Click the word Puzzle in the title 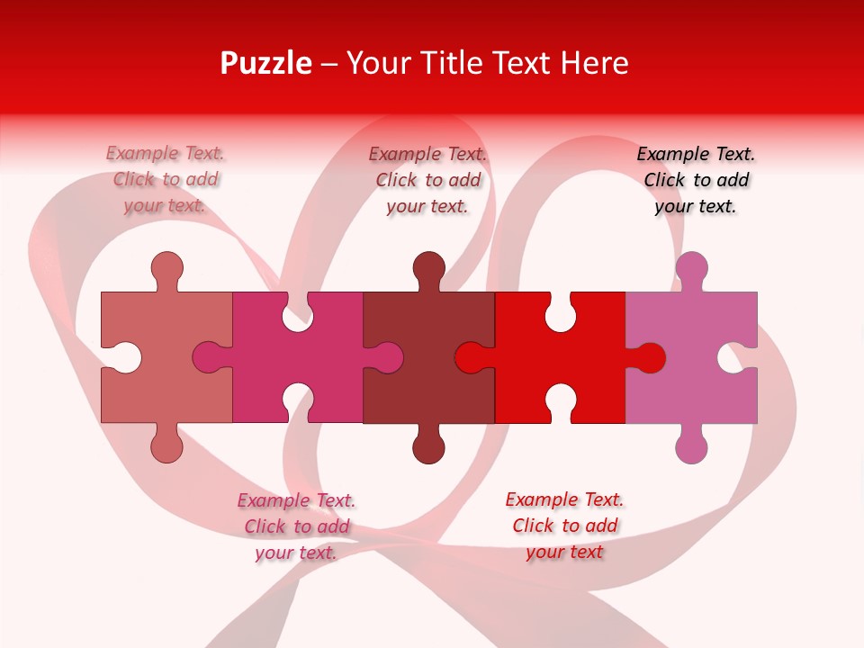point(265,63)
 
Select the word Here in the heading point(593,63)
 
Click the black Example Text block point(696,180)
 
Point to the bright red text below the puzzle point(564,526)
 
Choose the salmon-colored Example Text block point(166,180)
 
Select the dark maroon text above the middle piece point(428,180)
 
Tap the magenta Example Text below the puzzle point(296,526)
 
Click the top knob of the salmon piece point(166,267)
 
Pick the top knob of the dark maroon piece point(428,267)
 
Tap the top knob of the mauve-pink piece point(691,267)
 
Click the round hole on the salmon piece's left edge point(123,357)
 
